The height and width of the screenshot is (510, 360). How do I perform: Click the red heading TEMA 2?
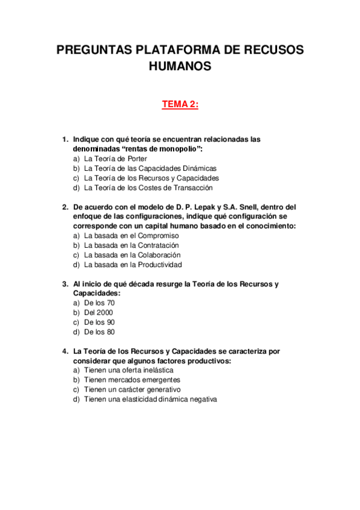point(180,105)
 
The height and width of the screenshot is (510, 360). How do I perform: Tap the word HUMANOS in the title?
point(180,67)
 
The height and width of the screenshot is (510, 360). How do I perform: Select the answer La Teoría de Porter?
point(115,159)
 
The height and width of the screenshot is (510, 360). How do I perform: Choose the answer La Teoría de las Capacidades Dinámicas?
point(150,168)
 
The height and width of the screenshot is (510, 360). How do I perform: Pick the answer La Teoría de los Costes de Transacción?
point(148,188)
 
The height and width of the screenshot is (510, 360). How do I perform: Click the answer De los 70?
point(99,303)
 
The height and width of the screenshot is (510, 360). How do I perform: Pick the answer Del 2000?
point(99,313)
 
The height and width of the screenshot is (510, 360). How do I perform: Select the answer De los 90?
point(99,322)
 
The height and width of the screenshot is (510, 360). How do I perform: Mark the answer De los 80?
point(99,332)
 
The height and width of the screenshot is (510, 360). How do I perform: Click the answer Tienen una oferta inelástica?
point(127,370)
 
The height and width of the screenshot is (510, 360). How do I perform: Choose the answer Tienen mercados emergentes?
point(132,380)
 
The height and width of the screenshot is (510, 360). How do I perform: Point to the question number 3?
point(65,284)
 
